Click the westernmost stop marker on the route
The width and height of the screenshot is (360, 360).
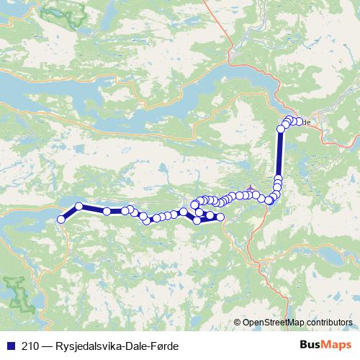pyautogui.click(x=60, y=219)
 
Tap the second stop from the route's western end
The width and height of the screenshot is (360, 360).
pyautogui.click(x=78, y=207)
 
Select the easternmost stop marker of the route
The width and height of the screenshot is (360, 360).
pyautogui.click(x=299, y=122)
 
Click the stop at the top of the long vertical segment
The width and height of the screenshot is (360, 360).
pyautogui.click(x=281, y=129)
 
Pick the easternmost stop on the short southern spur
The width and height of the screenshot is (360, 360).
pyautogui.click(x=221, y=217)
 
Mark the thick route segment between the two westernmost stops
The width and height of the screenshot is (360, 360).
pyautogui.click(x=69, y=213)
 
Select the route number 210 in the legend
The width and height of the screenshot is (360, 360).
pyautogui.click(x=32, y=346)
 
